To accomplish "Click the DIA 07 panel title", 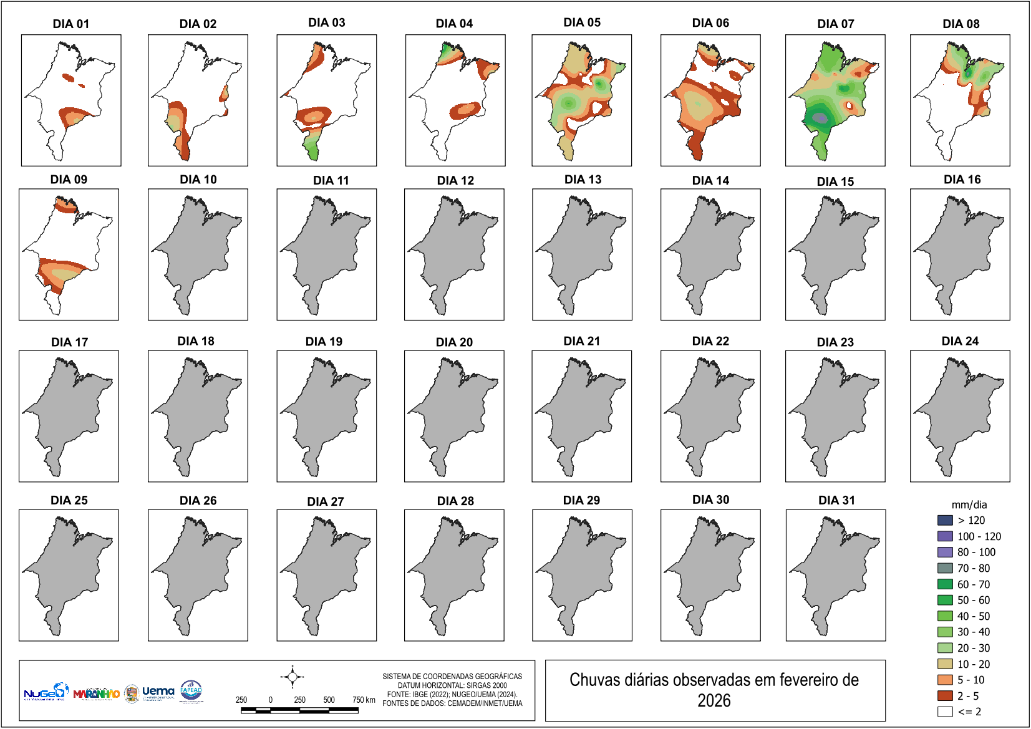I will pyautogui.click(x=835, y=24).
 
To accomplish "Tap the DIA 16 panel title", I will pyautogui.click(x=962, y=180).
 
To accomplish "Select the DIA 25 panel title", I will pyautogui.click(x=69, y=500).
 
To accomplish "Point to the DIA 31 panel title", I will pyautogui.click(x=836, y=500).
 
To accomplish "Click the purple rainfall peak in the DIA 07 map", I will pyautogui.click(x=820, y=117).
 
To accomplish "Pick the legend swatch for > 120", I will pyautogui.click(x=945, y=520).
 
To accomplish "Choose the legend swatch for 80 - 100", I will pyautogui.click(x=945, y=552).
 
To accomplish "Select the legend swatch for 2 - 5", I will pyautogui.click(x=945, y=695).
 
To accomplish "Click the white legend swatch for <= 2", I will pyautogui.click(x=945, y=712).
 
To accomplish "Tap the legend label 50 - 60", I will pyautogui.click(x=973, y=600).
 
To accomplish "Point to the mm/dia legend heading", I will pyautogui.click(x=969, y=505).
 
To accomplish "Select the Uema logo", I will pyautogui.click(x=158, y=692).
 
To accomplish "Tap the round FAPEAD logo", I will pyautogui.click(x=191, y=691).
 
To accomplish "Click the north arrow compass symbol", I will pyautogui.click(x=292, y=677).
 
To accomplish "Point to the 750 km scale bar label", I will pyautogui.click(x=364, y=700).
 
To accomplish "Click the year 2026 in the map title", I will pyautogui.click(x=714, y=701).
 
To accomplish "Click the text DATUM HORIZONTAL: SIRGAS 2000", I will pyautogui.click(x=452, y=685).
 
